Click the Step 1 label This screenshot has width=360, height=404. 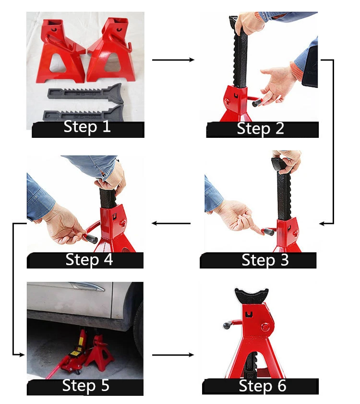[x=87, y=127]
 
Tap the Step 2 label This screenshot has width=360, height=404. [x=260, y=129]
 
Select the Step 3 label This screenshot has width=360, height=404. [x=265, y=260]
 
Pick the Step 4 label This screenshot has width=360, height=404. [x=89, y=259]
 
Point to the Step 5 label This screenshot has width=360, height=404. [x=86, y=386]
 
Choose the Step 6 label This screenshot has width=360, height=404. [x=263, y=386]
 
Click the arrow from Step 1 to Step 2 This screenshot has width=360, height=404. [x=173, y=60]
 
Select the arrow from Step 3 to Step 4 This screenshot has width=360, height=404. [x=171, y=223]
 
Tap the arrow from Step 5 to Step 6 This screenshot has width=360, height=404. [x=173, y=355]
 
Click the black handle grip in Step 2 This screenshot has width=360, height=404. [x=257, y=103]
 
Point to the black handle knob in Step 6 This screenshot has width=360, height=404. [x=227, y=326]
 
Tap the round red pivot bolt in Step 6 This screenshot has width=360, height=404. [x=265, y=327]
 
